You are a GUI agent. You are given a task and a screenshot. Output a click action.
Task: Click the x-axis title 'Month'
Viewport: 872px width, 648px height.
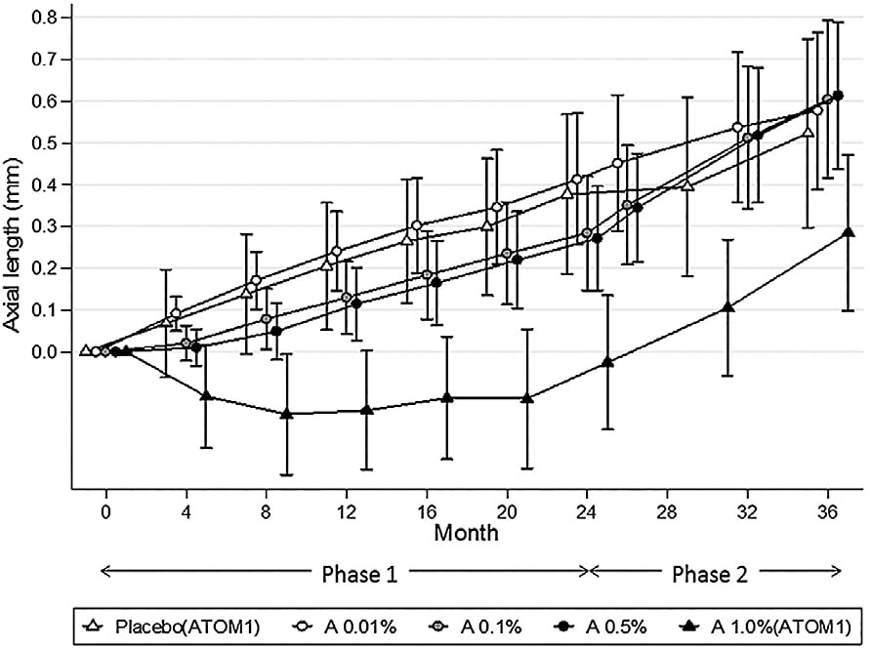pyautogui.click(x=466, y=534)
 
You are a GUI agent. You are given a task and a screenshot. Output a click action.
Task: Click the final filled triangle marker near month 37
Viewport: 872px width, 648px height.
pyautogui.click(x=848, y=232)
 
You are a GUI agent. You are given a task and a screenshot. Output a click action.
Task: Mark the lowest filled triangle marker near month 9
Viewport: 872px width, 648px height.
pyautogui.click(x=286, y=414)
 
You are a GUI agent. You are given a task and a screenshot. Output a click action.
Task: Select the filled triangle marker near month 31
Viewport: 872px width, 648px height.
pyautogui.click(x=727, y=307)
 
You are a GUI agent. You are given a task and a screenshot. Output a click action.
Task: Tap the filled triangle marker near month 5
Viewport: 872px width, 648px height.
pyautogui.click(x=206, y=395)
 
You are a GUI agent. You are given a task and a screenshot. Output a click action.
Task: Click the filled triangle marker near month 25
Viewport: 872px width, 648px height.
pyautogui.click(x=607, y=361)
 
